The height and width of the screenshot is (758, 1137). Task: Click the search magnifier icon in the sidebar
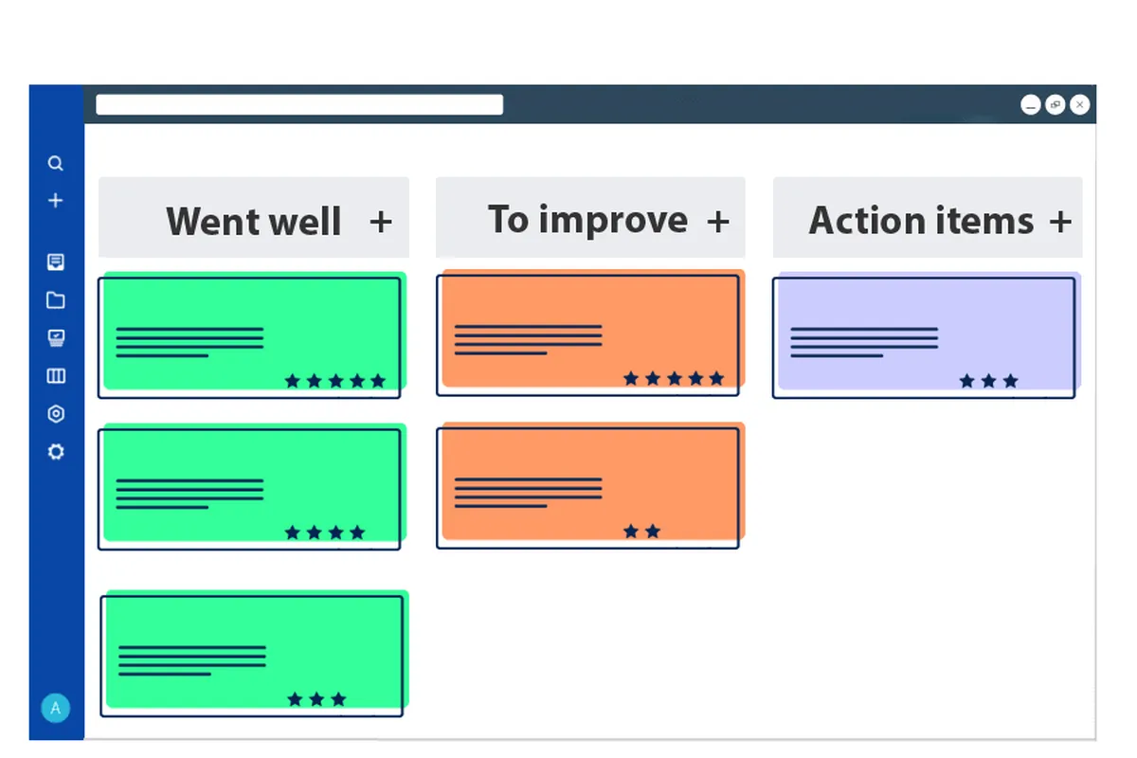point(55,164)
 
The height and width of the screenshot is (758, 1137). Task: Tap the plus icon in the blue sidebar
point(55,201)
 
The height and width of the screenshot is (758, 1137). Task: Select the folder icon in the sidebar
point(55,300)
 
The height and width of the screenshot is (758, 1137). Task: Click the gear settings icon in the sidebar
point(55,452)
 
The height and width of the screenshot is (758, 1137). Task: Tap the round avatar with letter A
point(55,708)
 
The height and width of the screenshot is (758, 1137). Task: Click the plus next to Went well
point(380,222)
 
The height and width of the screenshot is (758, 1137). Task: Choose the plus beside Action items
point(1060,222)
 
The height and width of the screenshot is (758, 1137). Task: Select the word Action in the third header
point(867,221)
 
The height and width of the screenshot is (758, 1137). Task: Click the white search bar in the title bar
point(299,105)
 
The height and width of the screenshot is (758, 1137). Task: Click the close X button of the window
point(1079,105)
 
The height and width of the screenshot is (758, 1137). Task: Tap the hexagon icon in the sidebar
point(55,414)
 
